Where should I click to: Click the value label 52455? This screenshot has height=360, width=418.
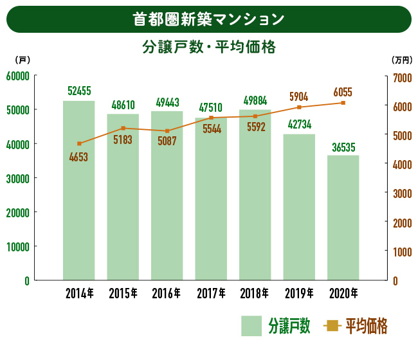pos(79,91)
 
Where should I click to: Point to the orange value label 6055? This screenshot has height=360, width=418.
pos(343,92)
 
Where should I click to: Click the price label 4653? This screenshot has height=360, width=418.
pos(78,157)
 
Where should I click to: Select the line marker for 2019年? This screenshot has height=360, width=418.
pos(299,107)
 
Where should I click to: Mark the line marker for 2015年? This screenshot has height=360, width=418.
pos(123,128)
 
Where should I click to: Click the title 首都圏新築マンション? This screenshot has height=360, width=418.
pos(208,19)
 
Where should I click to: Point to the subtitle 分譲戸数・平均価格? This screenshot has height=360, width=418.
pos(208,48)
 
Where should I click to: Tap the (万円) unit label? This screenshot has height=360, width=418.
pos(401,60)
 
